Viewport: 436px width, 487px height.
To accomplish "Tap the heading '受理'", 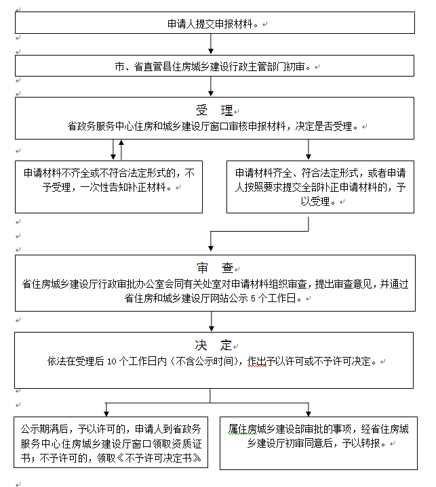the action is click(x=214, y=110).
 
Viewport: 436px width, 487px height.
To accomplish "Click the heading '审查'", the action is click(x=214, y=268).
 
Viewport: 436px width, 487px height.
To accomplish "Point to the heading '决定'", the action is click(x=214, y=345).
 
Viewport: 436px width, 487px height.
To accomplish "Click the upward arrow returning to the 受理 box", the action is click(x=121, y=150).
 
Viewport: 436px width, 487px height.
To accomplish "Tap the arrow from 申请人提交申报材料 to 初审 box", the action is click(x=211, y=44).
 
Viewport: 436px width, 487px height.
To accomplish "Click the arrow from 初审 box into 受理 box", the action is click(x=211, y=86).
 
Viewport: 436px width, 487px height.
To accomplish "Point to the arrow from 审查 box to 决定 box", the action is click(x=212, y=322).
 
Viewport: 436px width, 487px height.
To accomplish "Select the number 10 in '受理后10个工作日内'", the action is click(x=112, y=361).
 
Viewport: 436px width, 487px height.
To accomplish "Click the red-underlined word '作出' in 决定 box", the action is click(x=256, y=361).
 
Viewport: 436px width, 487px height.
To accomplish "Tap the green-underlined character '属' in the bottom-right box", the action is click(x=233, y=429).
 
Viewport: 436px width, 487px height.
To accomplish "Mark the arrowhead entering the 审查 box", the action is click(x=211, y=249).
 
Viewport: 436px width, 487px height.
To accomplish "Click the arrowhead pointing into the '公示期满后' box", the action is click(x=106, y=414).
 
